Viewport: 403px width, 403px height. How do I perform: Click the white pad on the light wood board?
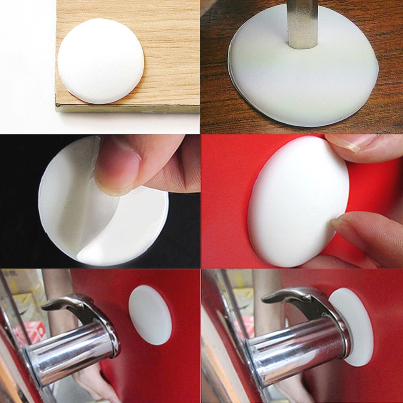click(x=100, y=60)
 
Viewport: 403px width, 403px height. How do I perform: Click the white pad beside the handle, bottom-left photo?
click(x=150, y=314)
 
